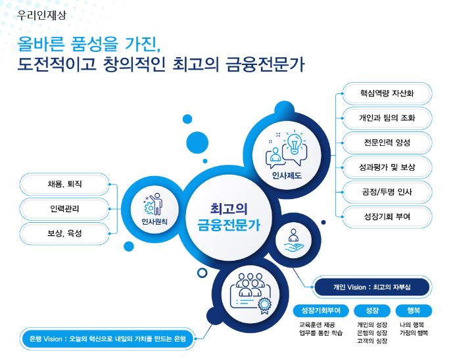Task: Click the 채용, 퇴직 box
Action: click(x=64, y=185)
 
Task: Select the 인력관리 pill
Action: click(x=64, y=209)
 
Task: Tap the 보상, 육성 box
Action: click(x=64, y=233)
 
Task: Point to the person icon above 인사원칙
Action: click(x=154, y=204)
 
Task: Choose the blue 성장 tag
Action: click(x=371, y=309)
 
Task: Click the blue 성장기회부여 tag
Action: click(x=321, y=309)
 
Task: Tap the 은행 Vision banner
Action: click(x=108, y=339)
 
